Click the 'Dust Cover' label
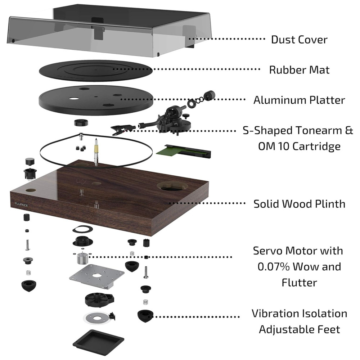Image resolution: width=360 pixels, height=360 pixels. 299,39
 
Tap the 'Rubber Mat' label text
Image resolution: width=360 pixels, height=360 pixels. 299,69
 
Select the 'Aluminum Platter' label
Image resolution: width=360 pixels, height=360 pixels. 299,100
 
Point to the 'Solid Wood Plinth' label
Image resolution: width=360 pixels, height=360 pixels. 299,204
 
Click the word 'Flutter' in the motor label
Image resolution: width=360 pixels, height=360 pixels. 299,283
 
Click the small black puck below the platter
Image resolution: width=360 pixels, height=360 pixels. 81,123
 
